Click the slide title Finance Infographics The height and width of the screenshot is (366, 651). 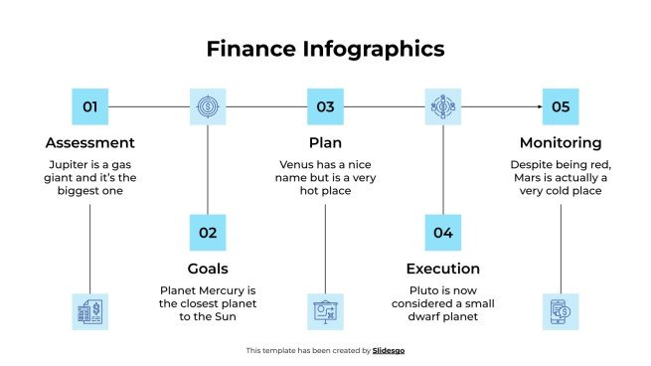[325, 48]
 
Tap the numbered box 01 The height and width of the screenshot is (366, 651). [90, 106]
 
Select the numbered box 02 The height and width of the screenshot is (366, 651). [208, 232]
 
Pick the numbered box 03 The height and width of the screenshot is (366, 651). [325, 106]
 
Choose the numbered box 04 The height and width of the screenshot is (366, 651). [442, 232]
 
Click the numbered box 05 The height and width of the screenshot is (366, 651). [560, 106]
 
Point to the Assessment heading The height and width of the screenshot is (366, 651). [90, 142]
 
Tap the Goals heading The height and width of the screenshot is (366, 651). [208, 268]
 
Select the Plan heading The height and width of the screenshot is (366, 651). [325, 142]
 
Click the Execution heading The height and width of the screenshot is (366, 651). [442, 268]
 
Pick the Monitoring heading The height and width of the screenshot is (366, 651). [560, 142]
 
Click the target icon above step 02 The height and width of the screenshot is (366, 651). [208, 106]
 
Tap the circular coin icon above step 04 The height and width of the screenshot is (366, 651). [442, 106]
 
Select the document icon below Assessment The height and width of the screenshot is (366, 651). [90, 311]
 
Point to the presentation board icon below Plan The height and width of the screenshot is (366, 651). [325, 311]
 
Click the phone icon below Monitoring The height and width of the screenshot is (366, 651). [560, 311]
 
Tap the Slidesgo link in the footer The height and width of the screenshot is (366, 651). [389, 350]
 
